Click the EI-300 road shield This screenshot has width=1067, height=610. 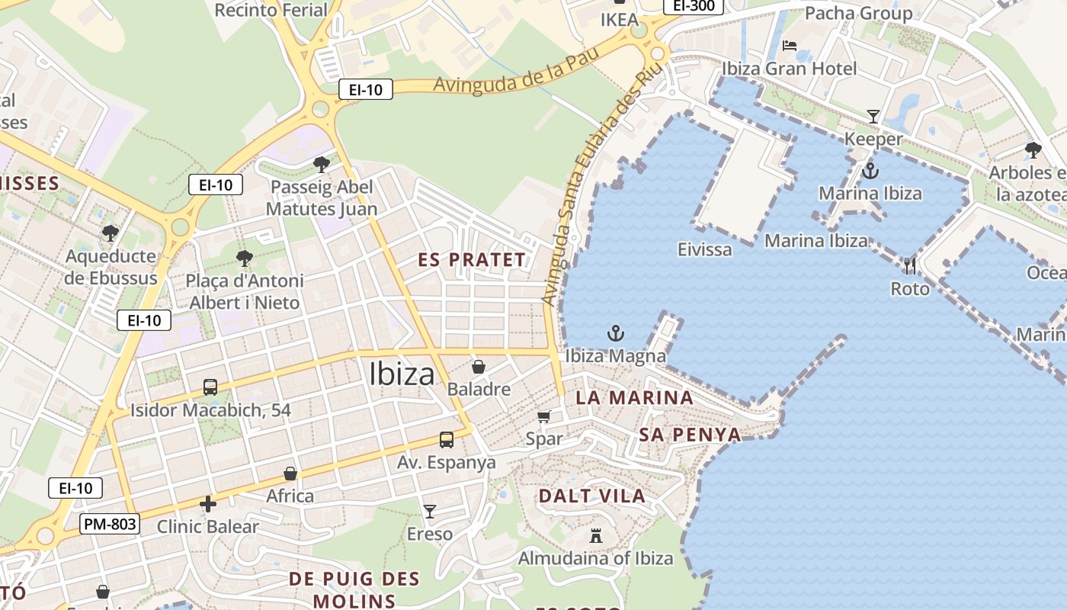tap(693, 6)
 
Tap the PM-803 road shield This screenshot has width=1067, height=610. tap(110, 524)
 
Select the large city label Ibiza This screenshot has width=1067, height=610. tap(402, 374)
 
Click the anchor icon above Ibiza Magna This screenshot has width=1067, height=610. tap(615, 333)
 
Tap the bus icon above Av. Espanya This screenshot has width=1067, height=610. tap(447, 440)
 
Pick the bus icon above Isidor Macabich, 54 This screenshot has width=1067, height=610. tap(210, 387)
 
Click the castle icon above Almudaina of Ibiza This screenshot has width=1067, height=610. tap(596, 536)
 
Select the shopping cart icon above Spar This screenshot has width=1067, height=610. tap(544, 416)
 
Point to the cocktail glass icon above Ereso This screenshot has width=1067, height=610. tap(430, 512)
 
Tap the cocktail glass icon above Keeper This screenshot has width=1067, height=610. tap(873, 117)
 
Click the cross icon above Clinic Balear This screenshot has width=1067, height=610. tap(207, 504)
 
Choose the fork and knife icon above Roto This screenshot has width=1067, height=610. tap(910, 266)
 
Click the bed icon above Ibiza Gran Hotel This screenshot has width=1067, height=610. tap(790, 46)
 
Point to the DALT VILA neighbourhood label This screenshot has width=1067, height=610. tap(592, 496)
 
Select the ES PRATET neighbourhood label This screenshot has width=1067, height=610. tap(472, 260)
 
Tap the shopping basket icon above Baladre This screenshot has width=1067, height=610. tap(479, 367)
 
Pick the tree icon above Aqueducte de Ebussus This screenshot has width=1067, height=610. tap(111, 233)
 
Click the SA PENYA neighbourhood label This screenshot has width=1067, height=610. tap(690, 435)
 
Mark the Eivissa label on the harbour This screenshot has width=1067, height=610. tap(704, 249)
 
